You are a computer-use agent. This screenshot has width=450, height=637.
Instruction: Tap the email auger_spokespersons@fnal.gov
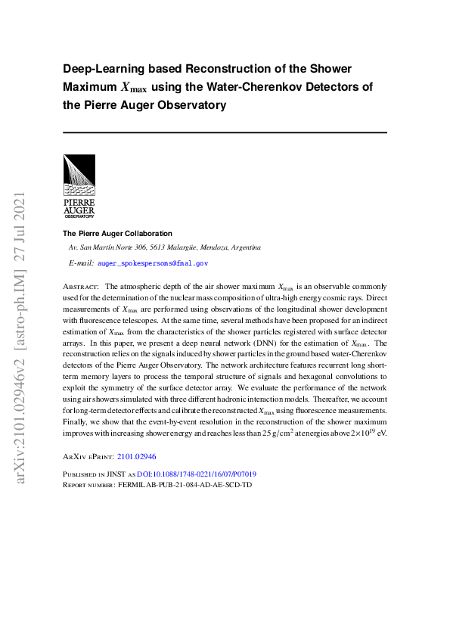coord(153,263)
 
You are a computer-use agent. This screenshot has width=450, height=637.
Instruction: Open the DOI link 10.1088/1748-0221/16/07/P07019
coord(191,474)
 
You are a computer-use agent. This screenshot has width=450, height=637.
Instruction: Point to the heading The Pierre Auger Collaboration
coord(117,234)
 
